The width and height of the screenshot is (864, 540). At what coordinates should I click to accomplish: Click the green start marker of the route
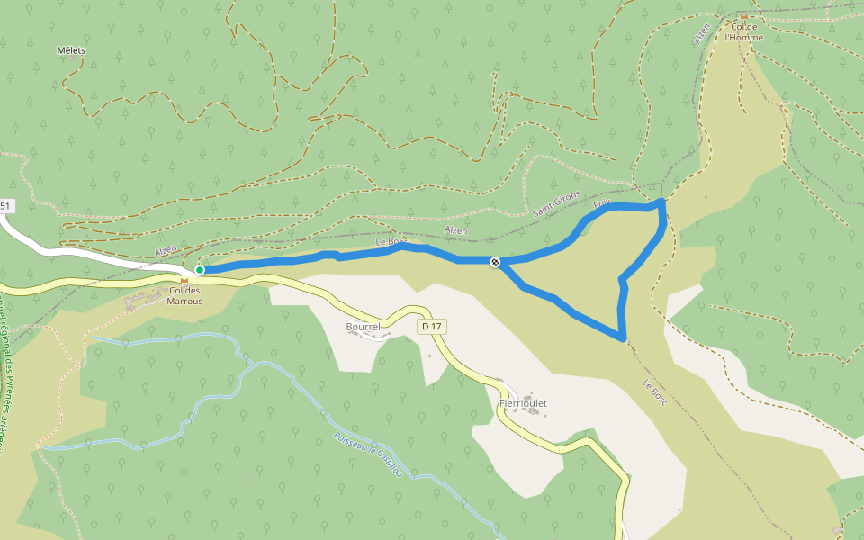coord(200,269)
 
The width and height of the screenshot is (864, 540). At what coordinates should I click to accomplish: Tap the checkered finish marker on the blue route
coord(495,262)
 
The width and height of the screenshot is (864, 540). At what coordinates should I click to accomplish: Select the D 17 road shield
coord(431,327)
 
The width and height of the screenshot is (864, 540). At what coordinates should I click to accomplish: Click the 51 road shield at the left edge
coord(6,206)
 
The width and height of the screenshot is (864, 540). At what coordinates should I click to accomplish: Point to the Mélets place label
coord(70,50)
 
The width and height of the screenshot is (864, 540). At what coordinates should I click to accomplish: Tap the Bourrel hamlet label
coord(364,326)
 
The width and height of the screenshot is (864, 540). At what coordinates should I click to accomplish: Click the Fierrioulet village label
coord(523,403)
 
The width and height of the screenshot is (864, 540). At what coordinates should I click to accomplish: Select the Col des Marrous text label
coord(184,295)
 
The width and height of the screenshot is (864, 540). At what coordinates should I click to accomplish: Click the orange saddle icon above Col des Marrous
coord(184,280)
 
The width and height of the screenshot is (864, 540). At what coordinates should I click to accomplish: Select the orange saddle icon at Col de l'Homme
coord(745,16)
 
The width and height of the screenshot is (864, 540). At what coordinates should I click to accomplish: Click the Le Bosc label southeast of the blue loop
coord(654,391)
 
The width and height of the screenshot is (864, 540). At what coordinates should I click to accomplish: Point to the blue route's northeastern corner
coord(662,202)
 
